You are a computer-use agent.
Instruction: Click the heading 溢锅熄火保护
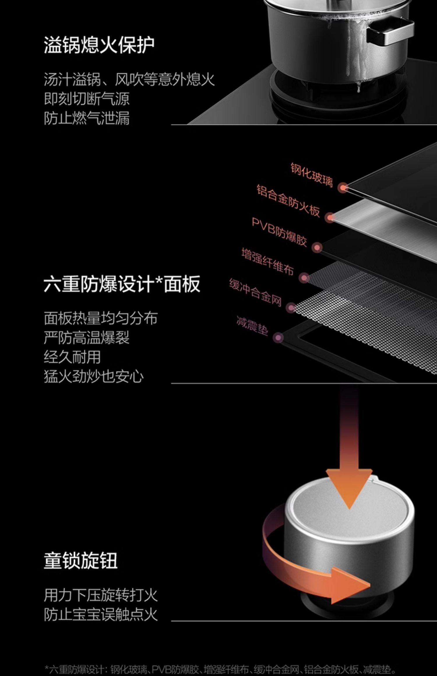(99, 45)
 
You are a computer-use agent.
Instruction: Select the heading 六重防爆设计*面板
(122, 284)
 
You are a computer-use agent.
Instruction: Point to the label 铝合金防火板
(288, 201)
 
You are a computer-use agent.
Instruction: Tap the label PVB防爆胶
(279, 232)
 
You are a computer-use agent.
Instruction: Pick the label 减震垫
(252, 326)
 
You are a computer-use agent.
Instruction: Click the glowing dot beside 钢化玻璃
(343, 188)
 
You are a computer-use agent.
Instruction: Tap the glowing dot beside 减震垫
(278, 338)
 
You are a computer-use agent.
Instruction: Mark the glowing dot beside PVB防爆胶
(317, 248)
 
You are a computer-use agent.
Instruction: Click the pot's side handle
(390, 33)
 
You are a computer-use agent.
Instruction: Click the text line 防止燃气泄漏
(87, 118)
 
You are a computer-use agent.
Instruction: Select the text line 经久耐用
(72, 357)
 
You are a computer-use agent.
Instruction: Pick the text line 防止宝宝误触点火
(101, 614)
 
